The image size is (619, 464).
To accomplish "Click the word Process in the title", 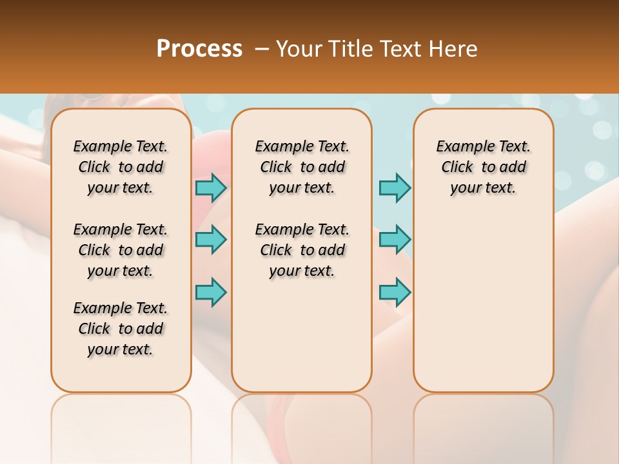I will (199, 49).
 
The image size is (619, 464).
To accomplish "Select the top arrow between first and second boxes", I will (211, 188).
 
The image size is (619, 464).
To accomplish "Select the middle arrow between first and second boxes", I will (211, 240).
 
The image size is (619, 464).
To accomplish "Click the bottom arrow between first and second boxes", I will (211, 291).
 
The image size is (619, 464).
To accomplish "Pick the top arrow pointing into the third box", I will (395, 188).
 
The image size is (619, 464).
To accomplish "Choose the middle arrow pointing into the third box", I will (395, 240).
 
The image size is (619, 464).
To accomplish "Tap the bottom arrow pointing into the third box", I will (395, 291).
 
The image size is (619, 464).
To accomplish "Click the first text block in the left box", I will (121, 167).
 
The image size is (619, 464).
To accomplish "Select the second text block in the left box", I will (121, 250).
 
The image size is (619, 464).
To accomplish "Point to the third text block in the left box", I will (121, 329).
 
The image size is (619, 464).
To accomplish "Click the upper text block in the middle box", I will (302, 167).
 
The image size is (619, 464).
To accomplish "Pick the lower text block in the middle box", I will (302, 250).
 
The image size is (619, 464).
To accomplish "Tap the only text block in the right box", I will (483, 167).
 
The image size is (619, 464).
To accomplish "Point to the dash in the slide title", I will (262, 49).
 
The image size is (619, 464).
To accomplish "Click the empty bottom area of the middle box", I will (302, 342).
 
